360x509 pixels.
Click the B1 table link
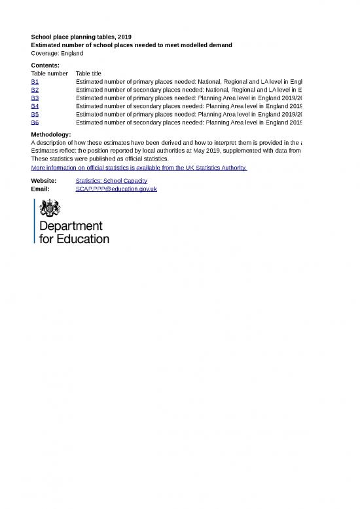(x=35, y=81)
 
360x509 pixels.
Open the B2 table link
(x=35, y=90)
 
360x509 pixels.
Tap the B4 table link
(x=35, y=106)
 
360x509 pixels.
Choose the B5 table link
(x=35, y=114)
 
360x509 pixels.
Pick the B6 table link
(x=35, y=123)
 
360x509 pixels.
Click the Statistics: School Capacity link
(x=111, y=181)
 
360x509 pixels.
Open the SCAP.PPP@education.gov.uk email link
(x=117, y=189)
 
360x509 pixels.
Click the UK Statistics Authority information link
(x=139, y=168)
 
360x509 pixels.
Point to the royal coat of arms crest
(x=50, y=209)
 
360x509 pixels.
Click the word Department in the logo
(x=71, y=227)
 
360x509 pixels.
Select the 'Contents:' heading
(x=45, y=66)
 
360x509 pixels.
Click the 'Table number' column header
(x=50, y=73)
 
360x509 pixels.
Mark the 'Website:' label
(x=44, y=181)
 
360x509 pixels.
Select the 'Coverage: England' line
(x=57, y=53)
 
